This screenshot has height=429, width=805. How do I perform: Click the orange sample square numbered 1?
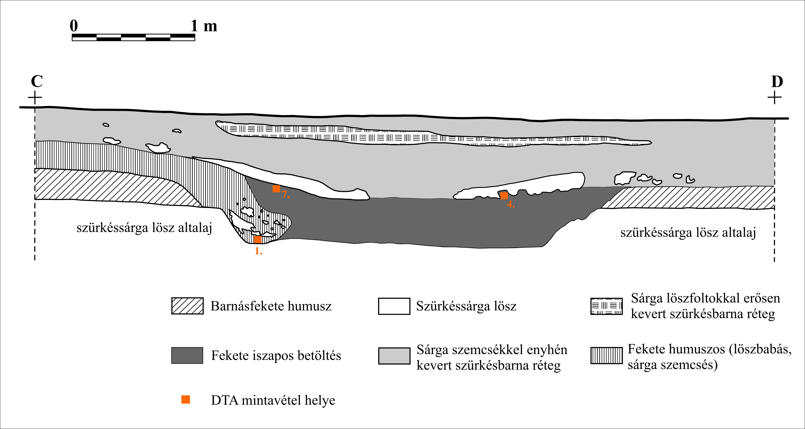258,240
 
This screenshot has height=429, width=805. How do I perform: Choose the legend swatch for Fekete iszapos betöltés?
187,355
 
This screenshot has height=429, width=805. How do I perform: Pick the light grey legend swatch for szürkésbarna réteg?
394,356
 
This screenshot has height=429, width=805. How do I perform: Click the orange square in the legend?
186,399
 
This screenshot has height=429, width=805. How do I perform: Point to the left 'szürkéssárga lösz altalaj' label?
144,228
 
